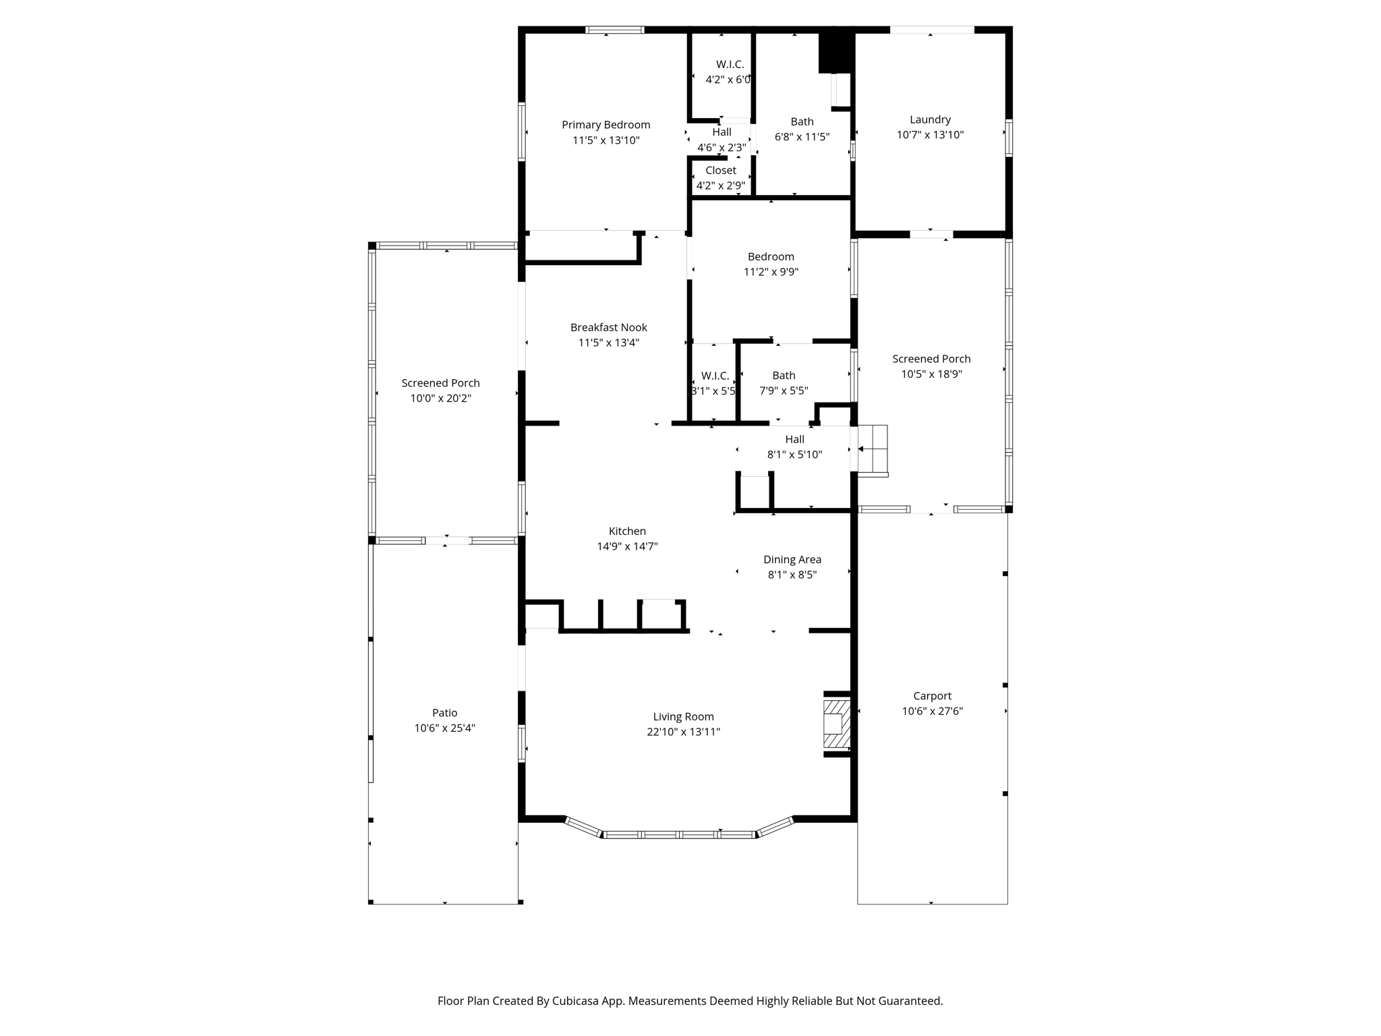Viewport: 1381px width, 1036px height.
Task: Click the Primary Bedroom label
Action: [x=606, y=125]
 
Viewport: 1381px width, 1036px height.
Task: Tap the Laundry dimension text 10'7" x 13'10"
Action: [x=930, y=135]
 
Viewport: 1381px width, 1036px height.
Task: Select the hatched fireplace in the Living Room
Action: [x=836, y=724]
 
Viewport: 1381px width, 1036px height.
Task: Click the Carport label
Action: [x=932, y=696]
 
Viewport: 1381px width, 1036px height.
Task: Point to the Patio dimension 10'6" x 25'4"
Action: [x=444, y=728]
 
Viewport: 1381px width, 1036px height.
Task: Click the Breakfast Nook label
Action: [x=608, y=328]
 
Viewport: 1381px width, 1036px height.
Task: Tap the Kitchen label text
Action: [x=627, y=531]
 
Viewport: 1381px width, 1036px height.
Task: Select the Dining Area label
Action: [x=792, y=560]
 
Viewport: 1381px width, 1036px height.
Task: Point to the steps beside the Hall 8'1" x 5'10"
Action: [x=873, y=449]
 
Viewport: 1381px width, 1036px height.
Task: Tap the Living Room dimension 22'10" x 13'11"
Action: [x=683, y=732]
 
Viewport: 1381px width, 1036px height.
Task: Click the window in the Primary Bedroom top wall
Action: [x=614, y=30]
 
